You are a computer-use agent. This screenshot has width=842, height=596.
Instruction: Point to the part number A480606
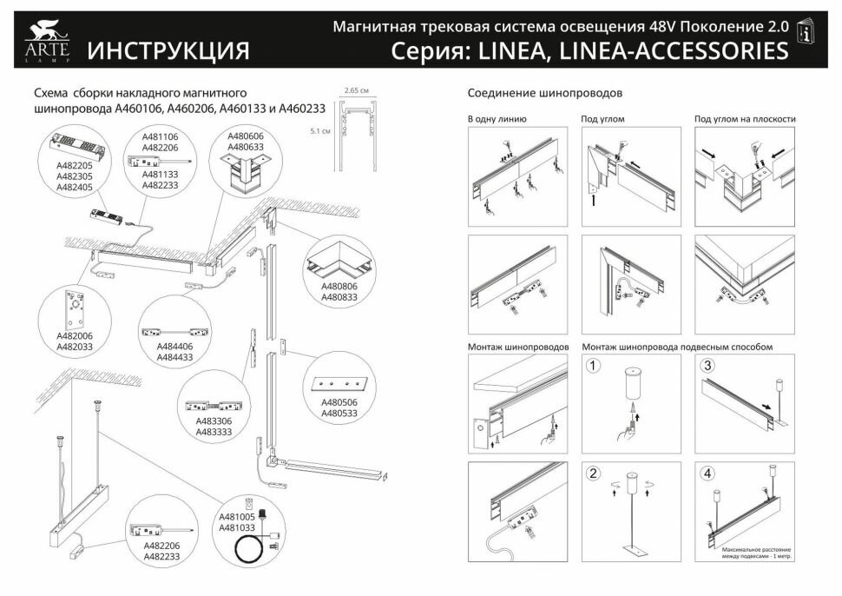coord(246,136)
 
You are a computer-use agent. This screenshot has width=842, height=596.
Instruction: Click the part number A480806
coord(339,286)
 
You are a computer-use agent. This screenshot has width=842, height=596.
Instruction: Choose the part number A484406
coord(175,346)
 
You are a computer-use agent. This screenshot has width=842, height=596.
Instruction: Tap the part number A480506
coord(339,402)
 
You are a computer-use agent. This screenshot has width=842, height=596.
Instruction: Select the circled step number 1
coord(594,366)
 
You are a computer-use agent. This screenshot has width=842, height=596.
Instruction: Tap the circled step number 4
coord(707,474)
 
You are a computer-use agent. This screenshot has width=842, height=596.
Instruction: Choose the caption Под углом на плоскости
coord(745,119)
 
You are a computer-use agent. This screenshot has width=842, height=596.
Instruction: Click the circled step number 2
coord(594,474)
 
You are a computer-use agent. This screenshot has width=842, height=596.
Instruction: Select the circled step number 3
coord(707,366)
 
